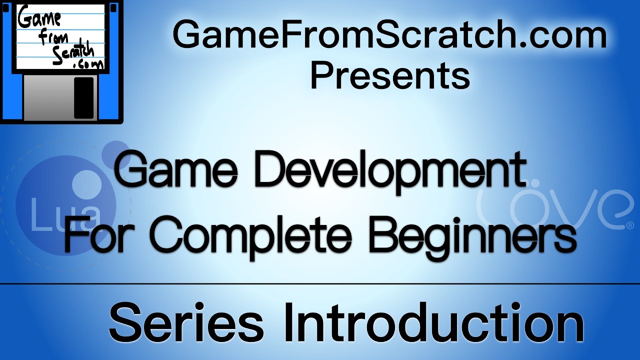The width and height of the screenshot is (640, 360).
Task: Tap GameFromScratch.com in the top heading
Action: [x=389, y=36]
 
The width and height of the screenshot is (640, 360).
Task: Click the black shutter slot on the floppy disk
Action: [x=83, y=97]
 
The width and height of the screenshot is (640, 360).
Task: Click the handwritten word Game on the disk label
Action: [x=40, y=20]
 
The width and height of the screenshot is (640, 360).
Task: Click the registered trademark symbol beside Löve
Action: [x=629, y=226]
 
